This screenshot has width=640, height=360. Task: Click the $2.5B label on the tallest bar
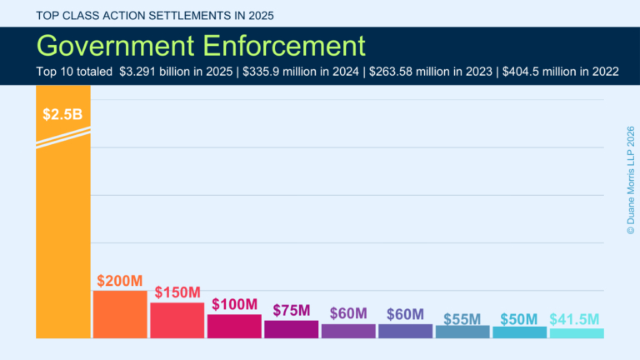(x=62, y=114)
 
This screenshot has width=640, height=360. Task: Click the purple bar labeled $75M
(x=291, y=329)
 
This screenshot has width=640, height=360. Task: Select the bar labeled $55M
(x=462, y=332)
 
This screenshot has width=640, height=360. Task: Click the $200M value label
(x=119, y=281)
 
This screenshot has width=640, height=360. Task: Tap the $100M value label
(x=234, y=304)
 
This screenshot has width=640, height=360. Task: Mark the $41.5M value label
(x=575, y=318)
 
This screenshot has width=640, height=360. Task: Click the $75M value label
(x=291, y=310)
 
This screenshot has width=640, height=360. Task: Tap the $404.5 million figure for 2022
(x=544, y=72)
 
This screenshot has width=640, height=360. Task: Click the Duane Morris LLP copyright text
(x=630, y=179)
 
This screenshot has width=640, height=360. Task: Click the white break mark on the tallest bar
(x=62, y=137)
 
